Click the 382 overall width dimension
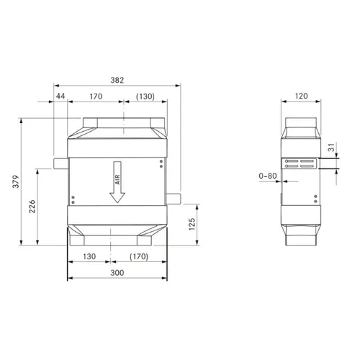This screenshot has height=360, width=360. click(x=117, y=80)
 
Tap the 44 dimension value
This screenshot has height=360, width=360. click(x=60, y=96)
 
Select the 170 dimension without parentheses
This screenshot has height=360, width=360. click(x=96, y=96)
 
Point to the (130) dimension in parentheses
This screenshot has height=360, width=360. click(x=145, y=96)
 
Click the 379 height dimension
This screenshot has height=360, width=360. click(x=16, y=181)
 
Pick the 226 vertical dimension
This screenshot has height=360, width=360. click(x=32, y=207)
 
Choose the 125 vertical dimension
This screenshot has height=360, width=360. click(x=192, y=224)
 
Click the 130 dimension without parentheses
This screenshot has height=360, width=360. click(x=89, y=256)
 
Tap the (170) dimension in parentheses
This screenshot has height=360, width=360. click(x=139, y=256)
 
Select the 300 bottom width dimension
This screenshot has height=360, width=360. click(x=117, y=273)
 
